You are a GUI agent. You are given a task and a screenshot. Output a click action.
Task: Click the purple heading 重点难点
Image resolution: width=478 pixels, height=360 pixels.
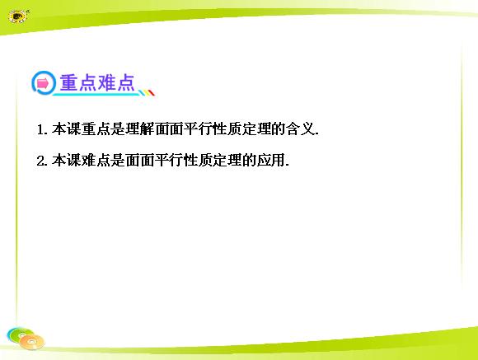coord(97,82)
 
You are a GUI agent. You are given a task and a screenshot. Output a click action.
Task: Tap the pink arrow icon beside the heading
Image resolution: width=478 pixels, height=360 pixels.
coord(42,83)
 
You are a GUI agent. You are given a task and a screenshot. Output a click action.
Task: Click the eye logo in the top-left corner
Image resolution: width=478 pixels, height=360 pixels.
coord(19,16)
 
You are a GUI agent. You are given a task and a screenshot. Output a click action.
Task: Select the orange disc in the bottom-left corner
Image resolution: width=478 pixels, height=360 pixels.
coord(31,342)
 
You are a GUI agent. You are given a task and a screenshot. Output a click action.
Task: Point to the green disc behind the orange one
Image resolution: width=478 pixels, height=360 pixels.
coord(18,334)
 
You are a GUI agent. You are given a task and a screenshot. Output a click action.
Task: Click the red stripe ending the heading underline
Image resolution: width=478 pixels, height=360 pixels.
coord(152,92)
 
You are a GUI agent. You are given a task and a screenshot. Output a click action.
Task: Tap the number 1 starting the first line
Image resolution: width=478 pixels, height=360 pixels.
coord(40,129)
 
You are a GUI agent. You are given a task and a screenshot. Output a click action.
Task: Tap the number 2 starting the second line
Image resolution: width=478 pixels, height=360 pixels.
coord(40,161)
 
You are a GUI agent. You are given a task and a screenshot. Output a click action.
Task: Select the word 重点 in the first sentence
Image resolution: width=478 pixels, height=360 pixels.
coord(96,129)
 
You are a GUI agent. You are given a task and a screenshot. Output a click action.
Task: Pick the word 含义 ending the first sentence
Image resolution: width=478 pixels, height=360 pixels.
coord(300,129)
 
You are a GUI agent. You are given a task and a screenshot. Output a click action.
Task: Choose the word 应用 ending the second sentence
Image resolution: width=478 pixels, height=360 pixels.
coord(270,161)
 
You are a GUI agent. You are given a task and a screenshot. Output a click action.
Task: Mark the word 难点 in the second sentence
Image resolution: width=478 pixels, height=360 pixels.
coord(96,161)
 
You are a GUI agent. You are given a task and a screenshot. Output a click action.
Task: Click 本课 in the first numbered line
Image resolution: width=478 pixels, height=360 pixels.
coord(67,129)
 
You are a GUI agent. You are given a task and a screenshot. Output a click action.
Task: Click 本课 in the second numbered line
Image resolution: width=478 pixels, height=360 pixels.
coord(67,161)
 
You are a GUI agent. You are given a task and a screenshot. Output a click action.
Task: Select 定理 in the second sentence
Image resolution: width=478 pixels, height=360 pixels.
coord(227,161)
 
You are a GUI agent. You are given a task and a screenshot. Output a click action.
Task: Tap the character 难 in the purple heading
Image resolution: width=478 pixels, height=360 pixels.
coord(106,82)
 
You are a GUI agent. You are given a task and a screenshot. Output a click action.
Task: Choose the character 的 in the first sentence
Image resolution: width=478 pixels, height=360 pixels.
coord(278,129)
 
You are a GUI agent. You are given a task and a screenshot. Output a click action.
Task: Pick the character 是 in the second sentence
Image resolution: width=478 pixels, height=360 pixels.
coord(118,161)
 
